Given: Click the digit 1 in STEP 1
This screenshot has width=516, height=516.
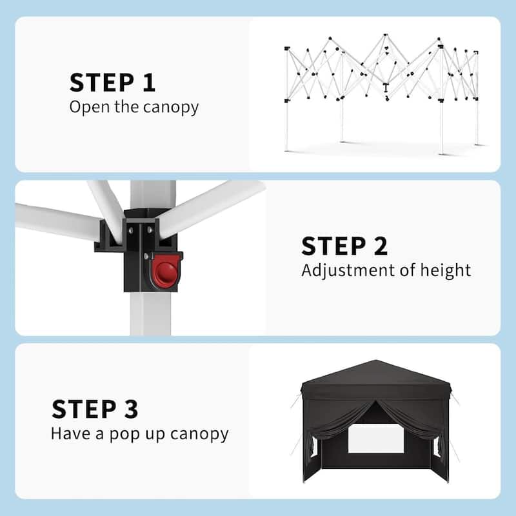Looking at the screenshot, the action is pos(150,83).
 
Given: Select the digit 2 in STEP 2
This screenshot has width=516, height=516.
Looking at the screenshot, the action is pos(381,246).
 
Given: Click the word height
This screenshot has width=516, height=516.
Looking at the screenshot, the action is pos(446,270).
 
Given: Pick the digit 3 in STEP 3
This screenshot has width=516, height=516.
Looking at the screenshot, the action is pos(131,409).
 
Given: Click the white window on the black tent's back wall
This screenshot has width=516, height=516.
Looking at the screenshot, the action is pos(376,439).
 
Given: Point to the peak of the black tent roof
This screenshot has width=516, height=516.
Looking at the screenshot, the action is pos(375,361).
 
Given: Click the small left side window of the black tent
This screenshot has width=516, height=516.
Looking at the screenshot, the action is pos(313,447).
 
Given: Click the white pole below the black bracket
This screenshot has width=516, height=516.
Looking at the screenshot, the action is pos(151,313).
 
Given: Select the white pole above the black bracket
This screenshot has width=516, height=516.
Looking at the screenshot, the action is pos(153,195).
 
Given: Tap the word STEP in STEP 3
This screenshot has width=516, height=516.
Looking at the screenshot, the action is pos(84,409).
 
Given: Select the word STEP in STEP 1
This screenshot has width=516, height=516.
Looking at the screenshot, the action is pos(102,83).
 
